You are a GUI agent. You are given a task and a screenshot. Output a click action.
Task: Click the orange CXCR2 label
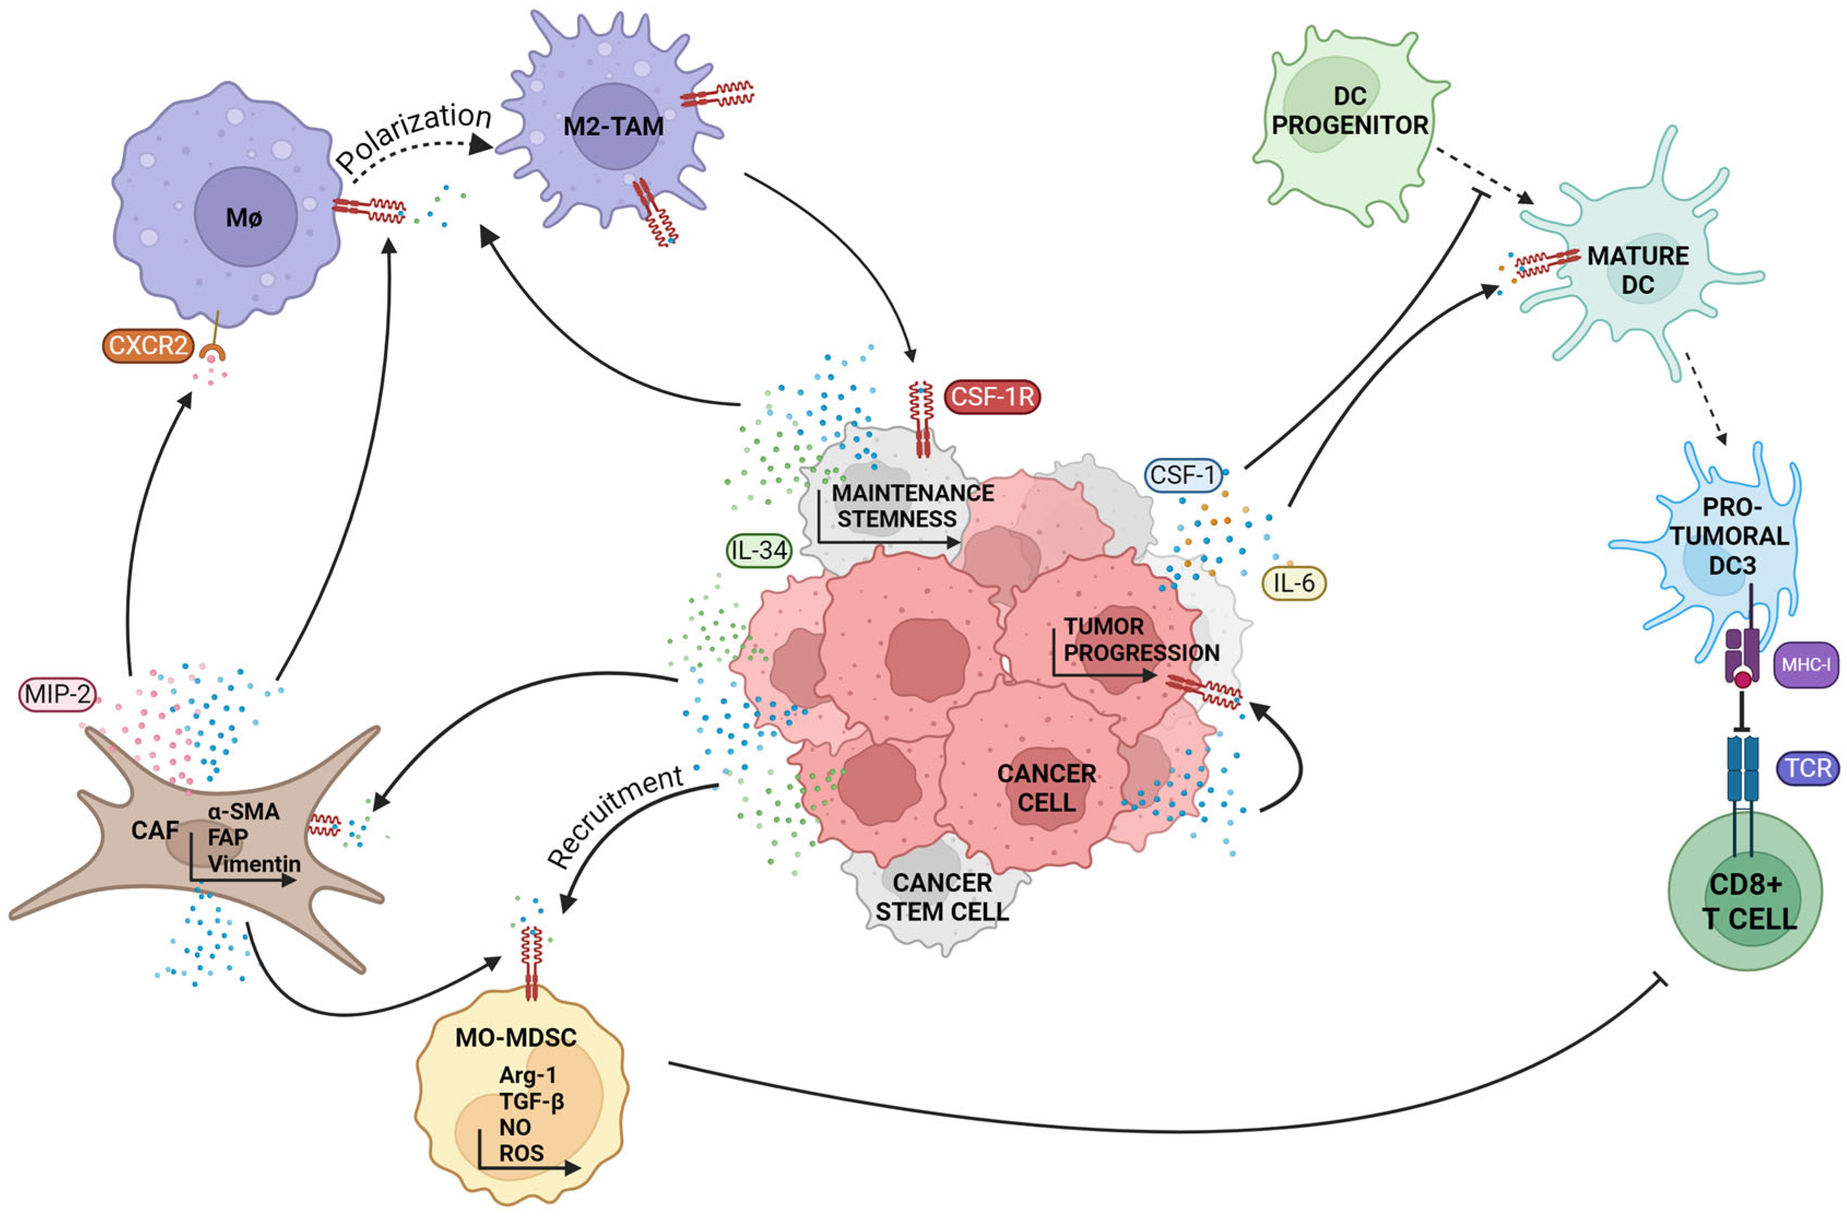tap(147, 345)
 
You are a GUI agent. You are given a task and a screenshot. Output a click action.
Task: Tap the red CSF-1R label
tap(992, 397)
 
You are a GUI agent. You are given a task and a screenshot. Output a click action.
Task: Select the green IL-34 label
tap(759, 550)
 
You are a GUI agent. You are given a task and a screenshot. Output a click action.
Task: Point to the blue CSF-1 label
tap(1182, 475)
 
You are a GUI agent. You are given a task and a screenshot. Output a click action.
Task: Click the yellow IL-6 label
tap(1294, 583)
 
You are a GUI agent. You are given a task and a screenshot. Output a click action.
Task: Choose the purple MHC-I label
tap(1806, 665)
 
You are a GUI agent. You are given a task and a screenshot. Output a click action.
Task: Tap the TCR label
tap(1807, 768)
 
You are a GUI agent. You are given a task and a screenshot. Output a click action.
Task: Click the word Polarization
tap(414, 137)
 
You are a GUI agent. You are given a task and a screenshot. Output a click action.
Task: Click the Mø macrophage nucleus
tap(245, 217)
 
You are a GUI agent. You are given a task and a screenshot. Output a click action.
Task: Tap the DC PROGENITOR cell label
tap(1350, 111)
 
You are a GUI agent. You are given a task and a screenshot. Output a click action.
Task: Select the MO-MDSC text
tap(516, 1037)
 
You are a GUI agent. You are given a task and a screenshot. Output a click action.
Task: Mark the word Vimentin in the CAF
tap(254, 863)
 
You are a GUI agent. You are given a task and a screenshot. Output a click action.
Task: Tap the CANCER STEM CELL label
tap(942, 897)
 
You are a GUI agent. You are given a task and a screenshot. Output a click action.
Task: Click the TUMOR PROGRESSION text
tap(1140, 639)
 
